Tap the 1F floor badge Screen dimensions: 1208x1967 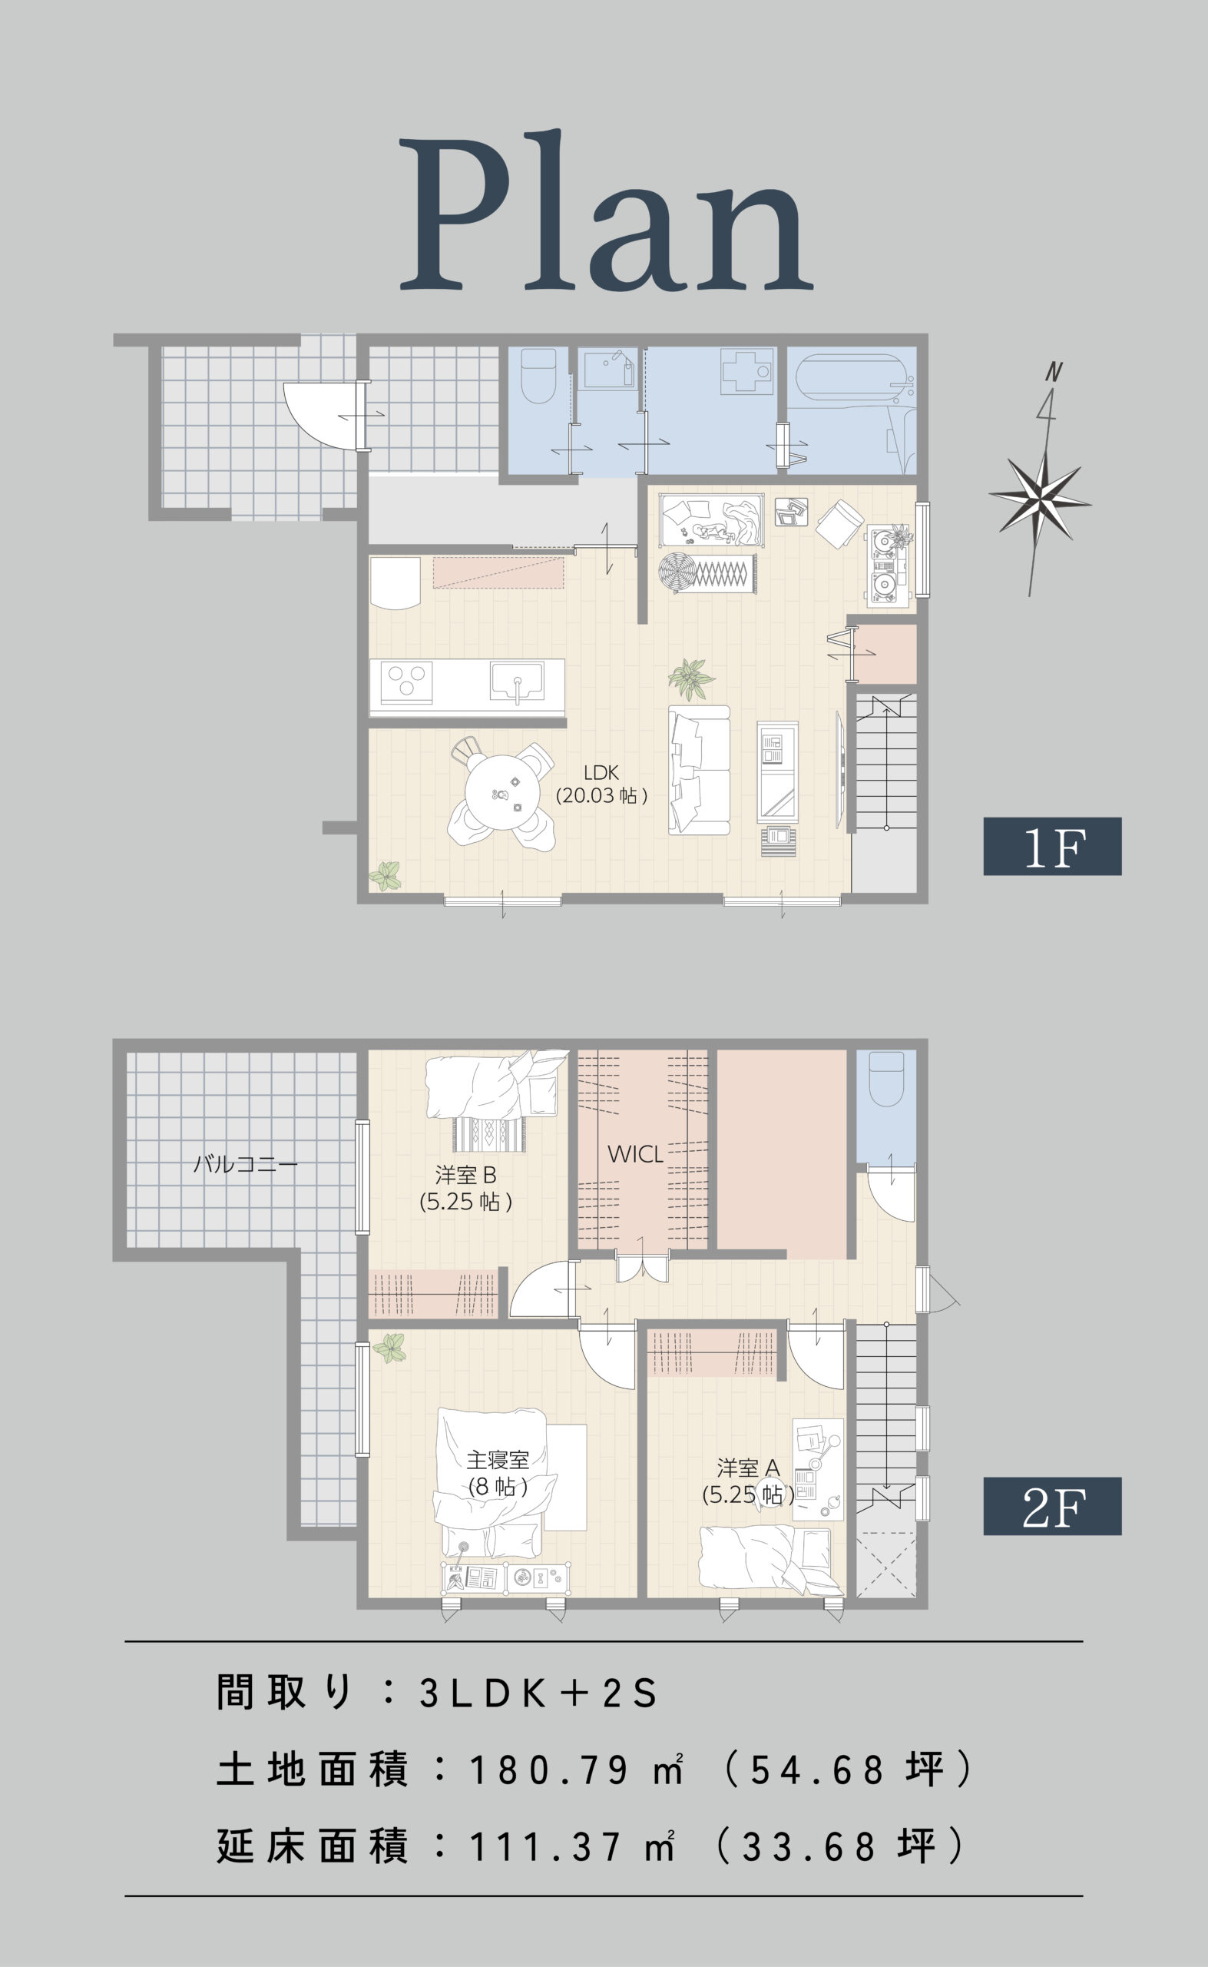[x=1052, y=847]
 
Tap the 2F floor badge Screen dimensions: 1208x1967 [x=1052, y=1507]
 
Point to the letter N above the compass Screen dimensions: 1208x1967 [x=1054, y=372]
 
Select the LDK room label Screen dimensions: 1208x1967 [x=601, y=783]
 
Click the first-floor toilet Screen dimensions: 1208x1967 [x=538, y=375]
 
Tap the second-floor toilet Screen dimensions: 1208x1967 [x=886, y=1078]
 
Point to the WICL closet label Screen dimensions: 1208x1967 [x=635, y=1154]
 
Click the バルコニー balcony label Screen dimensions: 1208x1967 [x=245, y=1164]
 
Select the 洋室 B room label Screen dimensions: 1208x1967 [x=466, y=1188]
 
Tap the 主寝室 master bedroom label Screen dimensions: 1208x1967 [x=498, y=1473]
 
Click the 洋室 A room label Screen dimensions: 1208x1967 [x=748, y=1481]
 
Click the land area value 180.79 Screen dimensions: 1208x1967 [x=549, y=1770]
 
